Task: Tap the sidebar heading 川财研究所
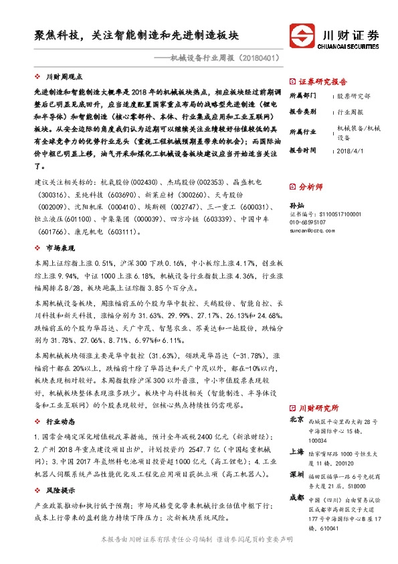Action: pos(318,407)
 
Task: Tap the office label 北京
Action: pos(296,420)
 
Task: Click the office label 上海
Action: pos(296,452)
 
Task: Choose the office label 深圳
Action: pos(296,474)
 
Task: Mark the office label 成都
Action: pos(296,498)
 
